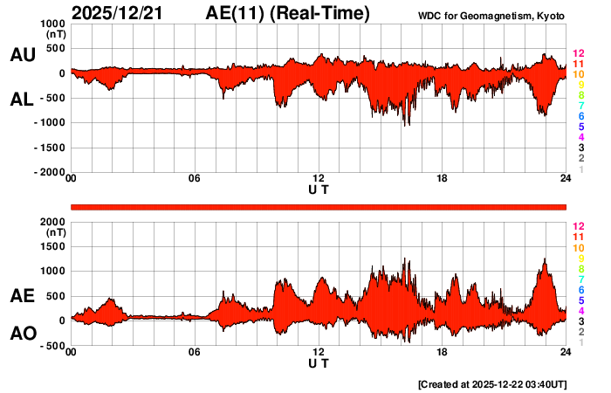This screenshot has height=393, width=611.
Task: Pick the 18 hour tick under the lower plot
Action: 442,352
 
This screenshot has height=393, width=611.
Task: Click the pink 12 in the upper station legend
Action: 578,54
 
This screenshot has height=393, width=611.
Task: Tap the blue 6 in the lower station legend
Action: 580,289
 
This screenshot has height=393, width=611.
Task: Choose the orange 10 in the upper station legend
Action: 578,75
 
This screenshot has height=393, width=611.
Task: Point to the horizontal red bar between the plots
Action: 319,206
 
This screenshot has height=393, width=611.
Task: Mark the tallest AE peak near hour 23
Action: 545,260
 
